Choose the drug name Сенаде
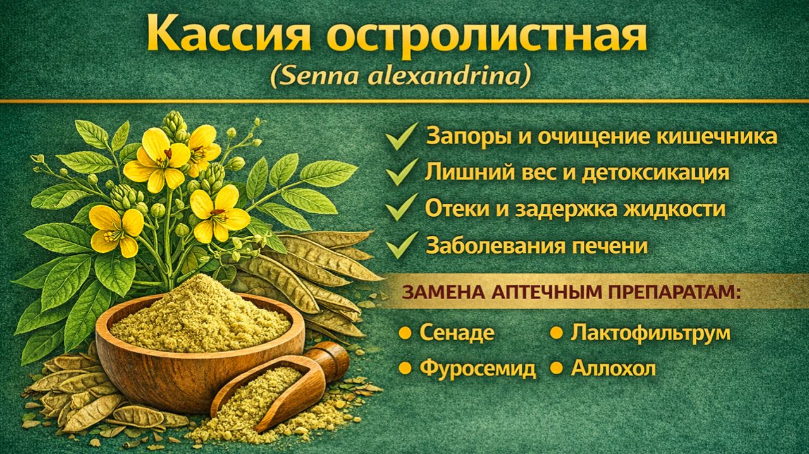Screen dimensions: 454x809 (x=457, y=333)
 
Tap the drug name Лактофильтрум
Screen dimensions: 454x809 (x=650, y=333)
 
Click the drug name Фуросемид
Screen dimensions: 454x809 (x=478, y=368)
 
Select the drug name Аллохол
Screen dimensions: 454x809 (x=614, y=368)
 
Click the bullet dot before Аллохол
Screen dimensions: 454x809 (x=557, y=367)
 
